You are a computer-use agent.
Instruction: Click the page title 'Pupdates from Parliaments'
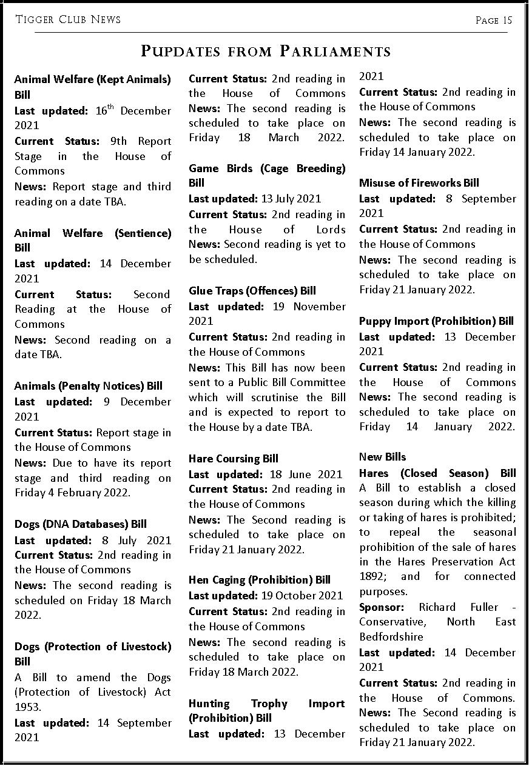[265, 51]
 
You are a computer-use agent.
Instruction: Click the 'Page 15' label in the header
[494, 20]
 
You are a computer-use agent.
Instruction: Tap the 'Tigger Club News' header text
[68, 19]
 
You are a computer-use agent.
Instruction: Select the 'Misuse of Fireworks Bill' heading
[419, 183]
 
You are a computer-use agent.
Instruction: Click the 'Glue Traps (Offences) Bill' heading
[252, 291]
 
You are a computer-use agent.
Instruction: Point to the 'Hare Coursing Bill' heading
[233, 459]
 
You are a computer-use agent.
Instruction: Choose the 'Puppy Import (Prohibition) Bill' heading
[436, 321]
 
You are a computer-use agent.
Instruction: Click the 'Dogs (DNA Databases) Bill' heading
[80, 524]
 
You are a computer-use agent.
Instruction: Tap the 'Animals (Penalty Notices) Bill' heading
[88, 386]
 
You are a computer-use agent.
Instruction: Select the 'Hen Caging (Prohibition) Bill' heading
[259, 580]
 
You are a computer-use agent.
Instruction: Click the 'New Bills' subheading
[382, 457]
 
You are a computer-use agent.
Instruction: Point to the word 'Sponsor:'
[382, 607]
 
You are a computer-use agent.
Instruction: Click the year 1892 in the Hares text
[371, 576]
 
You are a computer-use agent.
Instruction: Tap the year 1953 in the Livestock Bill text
[28, 707]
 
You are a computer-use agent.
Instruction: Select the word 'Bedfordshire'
[391, 637]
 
